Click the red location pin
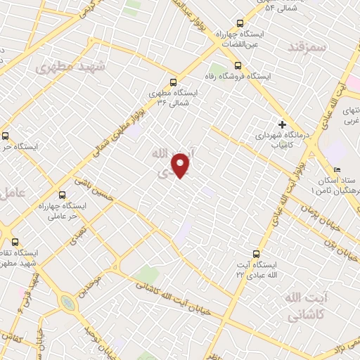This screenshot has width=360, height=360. (181, 165)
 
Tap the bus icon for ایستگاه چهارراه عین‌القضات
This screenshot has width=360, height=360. (240, 23)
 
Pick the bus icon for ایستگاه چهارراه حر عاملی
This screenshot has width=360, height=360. (63, 195)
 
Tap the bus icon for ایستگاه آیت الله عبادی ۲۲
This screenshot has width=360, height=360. (255, 254)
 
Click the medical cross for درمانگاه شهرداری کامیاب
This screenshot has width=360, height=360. (282, 124)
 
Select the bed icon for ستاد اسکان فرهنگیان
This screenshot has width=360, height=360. (337, 170)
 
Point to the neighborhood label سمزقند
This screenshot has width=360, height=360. (308, 46)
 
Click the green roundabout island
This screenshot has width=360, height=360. (67, 303)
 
